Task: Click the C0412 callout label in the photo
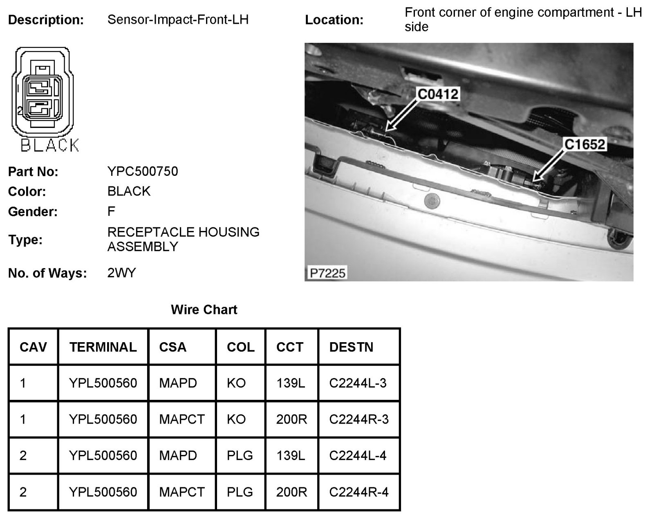438,94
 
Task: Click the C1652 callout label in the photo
585,144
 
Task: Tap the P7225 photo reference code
327,272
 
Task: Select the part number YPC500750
143,171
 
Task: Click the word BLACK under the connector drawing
49,146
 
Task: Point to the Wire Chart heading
204,309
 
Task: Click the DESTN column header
351,347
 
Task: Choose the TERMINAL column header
103,347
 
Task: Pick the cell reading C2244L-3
358,383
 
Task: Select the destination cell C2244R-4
358,492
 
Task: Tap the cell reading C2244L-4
358,455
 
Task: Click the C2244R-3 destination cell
358,419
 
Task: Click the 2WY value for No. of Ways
121,273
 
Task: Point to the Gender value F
111,211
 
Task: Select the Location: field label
334,20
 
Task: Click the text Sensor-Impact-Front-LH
178,20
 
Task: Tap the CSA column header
172,347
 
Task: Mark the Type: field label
25,240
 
